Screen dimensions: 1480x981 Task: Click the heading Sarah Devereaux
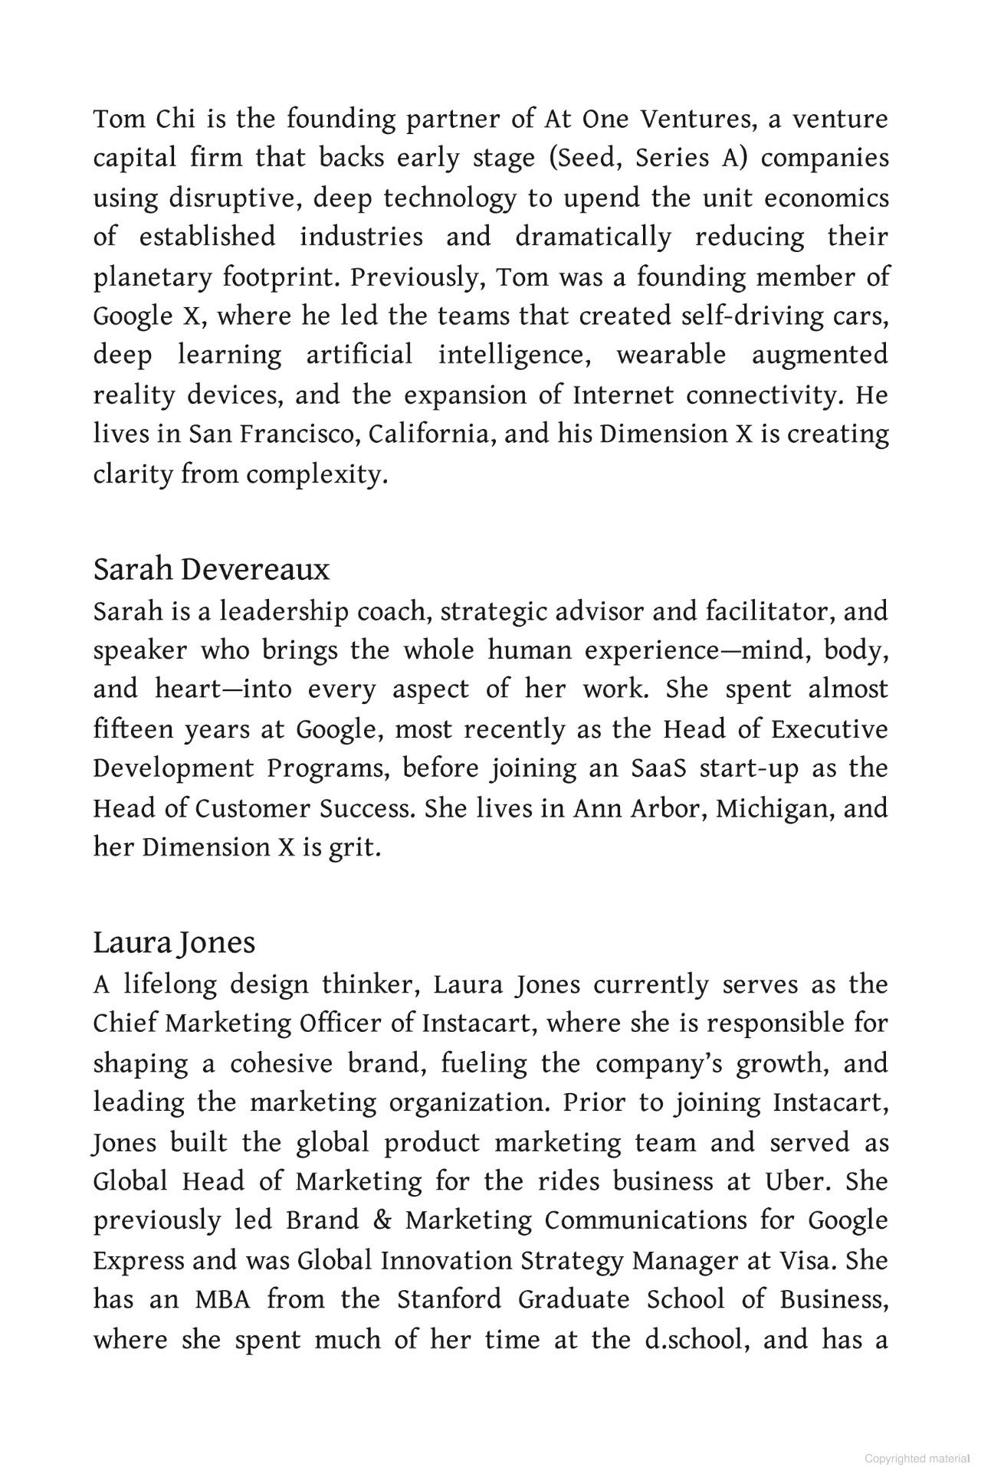212,570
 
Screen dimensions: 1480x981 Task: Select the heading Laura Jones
174,942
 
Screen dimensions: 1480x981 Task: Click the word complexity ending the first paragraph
317,475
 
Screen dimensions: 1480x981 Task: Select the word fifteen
133,729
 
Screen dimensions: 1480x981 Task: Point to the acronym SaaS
659,768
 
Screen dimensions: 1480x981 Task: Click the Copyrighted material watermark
916,1459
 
